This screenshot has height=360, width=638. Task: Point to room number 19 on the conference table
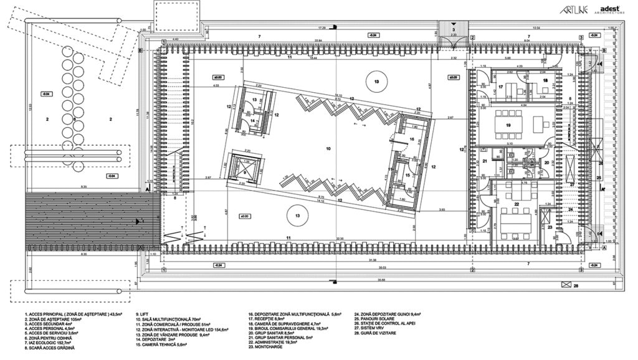point(508,125)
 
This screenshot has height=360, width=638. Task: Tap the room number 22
point(517,204)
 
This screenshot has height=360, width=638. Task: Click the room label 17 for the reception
point(500,87)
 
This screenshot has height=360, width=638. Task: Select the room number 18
point(545,81)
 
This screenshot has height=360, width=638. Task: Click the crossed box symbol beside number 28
point(566,284)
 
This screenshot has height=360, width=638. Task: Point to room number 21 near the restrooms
point(483,161)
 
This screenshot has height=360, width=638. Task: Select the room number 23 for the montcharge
point(550,228)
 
